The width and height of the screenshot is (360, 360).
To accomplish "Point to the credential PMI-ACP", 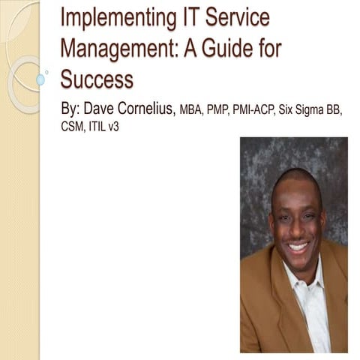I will (251, 110).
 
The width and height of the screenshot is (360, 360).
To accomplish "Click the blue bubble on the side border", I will (40, 79).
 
